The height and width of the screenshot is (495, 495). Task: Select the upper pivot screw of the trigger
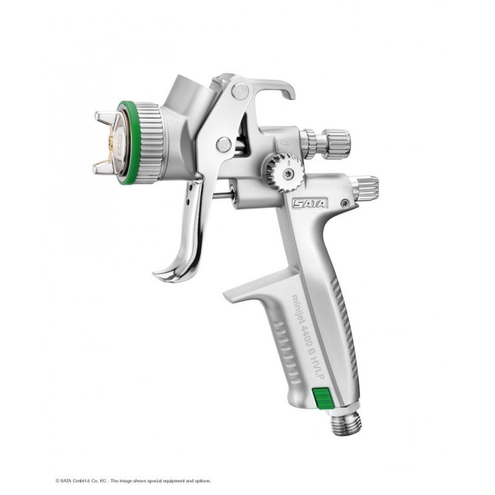240,92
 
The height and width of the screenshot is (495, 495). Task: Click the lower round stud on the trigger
223,145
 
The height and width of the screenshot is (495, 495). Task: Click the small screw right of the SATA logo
344,202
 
